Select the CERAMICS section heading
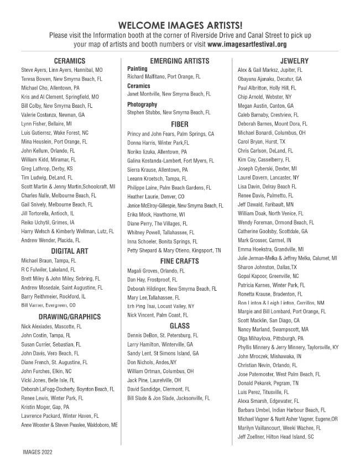(x=69, y=61)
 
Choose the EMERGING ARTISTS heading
(x=180, y=61)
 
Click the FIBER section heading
(x=180, y=124)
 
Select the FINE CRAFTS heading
(x=180, y=260)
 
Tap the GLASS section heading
(x=180, y=326)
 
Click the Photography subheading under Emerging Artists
(x=142, y=104)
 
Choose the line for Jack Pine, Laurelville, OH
(x=154, y=380)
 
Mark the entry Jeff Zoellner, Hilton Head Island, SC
(x=276, y=437)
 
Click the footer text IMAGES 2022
(x=38, y=452)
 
